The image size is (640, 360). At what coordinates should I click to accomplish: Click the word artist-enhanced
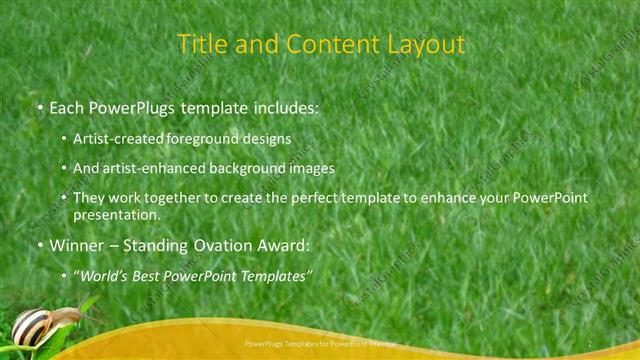tap(147, 168)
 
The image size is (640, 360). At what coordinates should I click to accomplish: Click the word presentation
tap(116, 214)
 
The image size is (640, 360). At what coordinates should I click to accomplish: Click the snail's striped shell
tap(32, 324)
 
